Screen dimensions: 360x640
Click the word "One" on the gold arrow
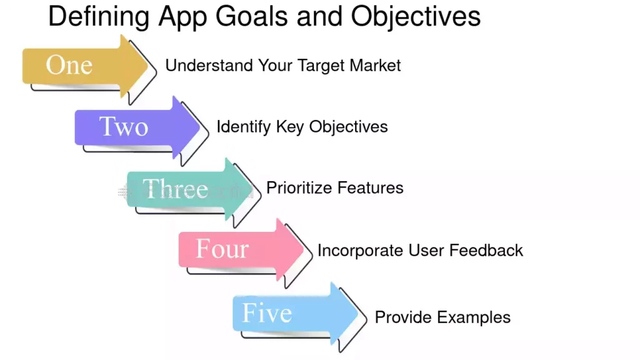pos(69,65)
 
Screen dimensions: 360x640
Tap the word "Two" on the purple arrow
pos(124,126)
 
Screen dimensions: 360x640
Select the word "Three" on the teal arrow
pos(175,188)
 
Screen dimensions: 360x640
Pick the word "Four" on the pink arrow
pos(222,249)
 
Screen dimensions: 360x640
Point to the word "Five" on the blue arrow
pos(267,312)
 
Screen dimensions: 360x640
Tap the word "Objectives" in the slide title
pos(416,17)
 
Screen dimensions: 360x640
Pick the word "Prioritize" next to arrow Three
pos(299,188)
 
